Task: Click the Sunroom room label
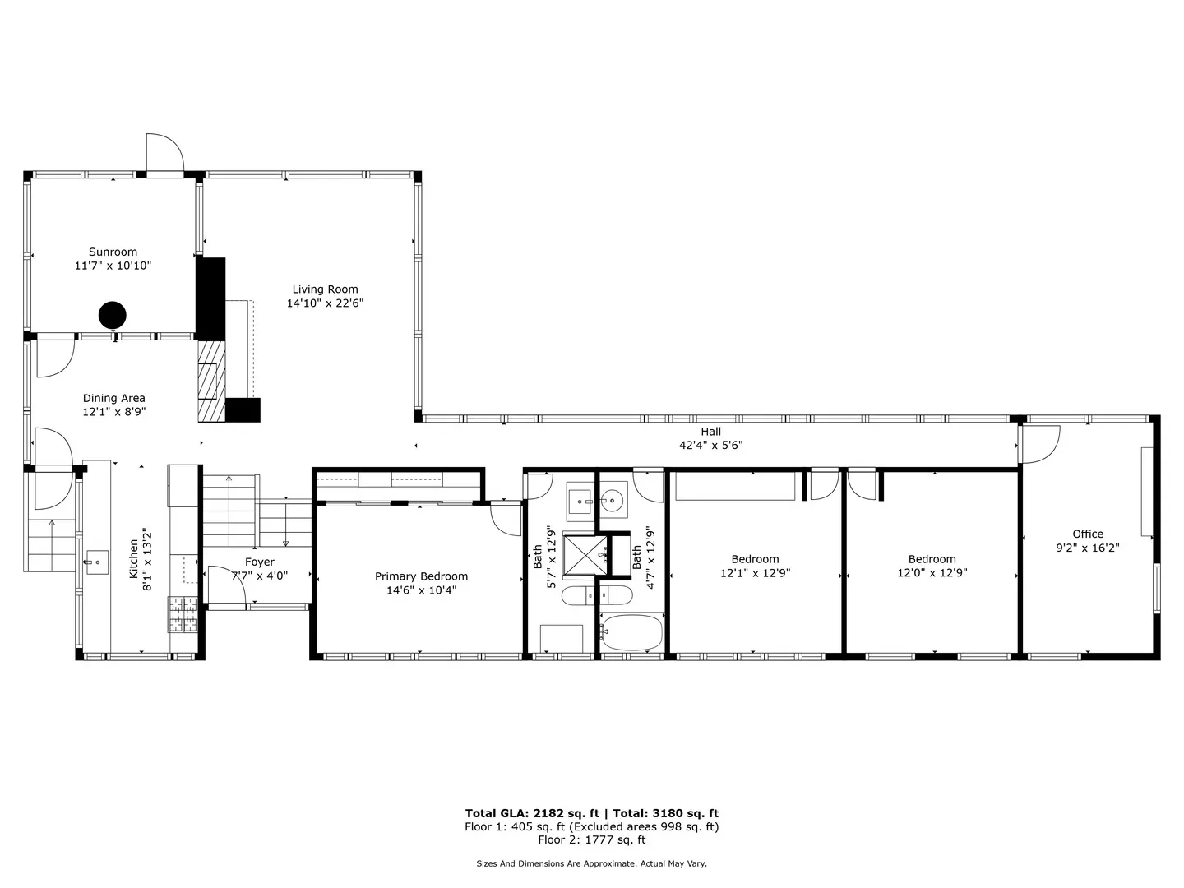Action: pyautogui.click(x=113, y=252)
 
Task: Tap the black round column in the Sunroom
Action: pyautogui.click(x=113, y=314)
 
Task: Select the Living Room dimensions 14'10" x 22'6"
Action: pyautogui.click(x=325, y=303)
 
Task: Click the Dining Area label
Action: pyautogui.click(x=113, y=399)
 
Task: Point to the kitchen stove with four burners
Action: pyautogui.click(x=183, y=614)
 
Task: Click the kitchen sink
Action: pyautogui.click(x=96, y=563)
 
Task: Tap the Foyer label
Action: pyautogui.click(x=259, y=562)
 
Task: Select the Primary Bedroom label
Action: pyautogui.click(x=421, y=577)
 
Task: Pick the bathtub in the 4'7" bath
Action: pyautogui.click(x=631, y=632)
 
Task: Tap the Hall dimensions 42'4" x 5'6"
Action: pyautogui.click(x=710, y=446)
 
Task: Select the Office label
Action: pyautogui.click(x=1087, y=534)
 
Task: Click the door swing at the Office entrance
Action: pyautogui.click(x=1038, y=444)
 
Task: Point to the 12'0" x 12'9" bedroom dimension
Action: pyautogui.click(x=932, y=573)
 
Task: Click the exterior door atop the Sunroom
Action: pyautogui.click(x=164, y=154)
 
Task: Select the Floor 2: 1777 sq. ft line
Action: pyautogui.click(x=591, y=840)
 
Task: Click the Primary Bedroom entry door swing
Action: pyautogui.click(x=505, y=518)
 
